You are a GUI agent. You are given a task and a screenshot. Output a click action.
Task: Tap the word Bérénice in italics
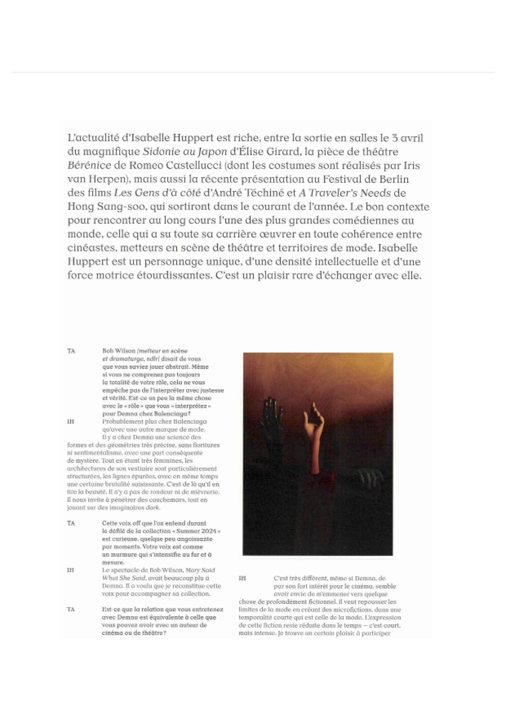[x=89, y=166]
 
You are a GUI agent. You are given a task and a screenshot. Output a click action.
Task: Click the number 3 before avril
[x=386, y=138]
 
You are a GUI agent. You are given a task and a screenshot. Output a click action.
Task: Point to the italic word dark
[x=153, y=507]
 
